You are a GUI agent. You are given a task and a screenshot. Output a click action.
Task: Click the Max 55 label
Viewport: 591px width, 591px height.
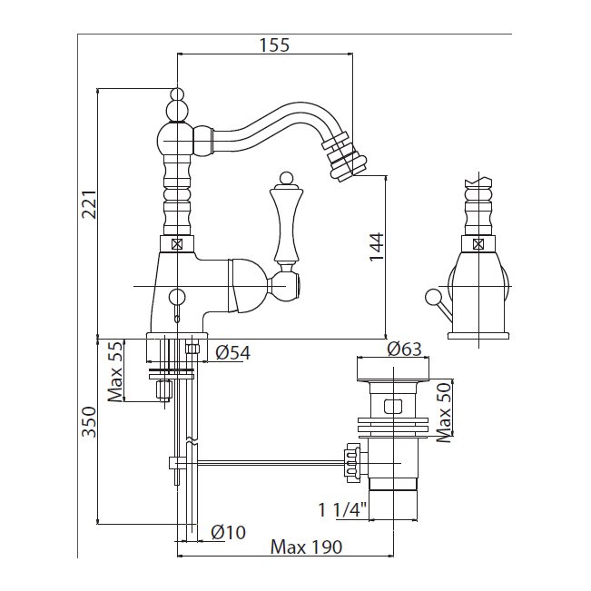114,371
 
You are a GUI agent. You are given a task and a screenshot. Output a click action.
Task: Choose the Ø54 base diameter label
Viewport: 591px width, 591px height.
235,352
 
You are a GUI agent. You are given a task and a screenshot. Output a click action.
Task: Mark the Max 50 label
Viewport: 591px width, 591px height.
444,411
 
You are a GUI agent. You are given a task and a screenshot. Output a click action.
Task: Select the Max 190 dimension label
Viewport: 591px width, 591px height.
305,547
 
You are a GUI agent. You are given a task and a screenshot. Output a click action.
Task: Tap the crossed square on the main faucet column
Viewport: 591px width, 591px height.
176,243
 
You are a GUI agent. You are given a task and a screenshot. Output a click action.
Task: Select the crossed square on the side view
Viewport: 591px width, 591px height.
478,243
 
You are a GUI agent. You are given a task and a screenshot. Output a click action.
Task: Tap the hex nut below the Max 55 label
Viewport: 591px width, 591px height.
164,390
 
